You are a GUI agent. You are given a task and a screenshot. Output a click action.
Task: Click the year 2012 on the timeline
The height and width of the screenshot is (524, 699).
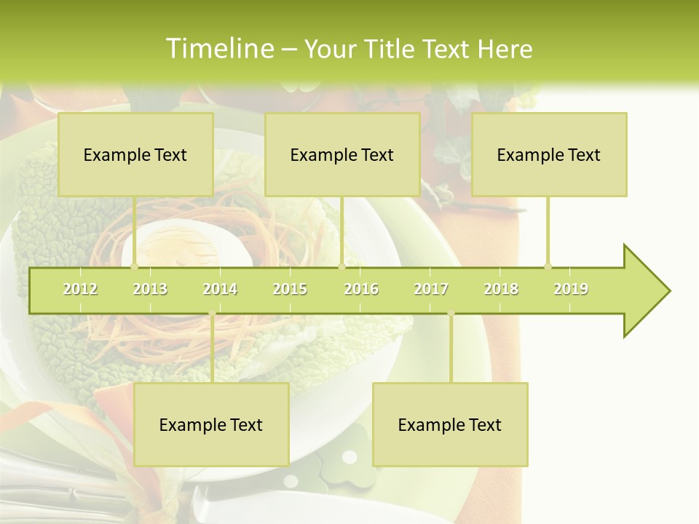click(x=80, y=289)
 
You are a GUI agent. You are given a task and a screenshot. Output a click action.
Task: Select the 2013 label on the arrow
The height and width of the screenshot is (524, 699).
click(x=150, y=289)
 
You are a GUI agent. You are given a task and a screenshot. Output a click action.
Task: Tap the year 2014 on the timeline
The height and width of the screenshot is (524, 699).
click(x=220, y=289)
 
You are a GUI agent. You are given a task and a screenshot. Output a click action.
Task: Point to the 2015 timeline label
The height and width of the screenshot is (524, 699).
click(x=290, y=289)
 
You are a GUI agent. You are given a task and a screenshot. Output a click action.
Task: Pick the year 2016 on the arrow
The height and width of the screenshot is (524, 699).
click(x=361, y=289)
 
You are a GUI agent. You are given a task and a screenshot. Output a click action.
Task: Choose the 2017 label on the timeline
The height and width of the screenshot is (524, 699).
click(x=431, y=289)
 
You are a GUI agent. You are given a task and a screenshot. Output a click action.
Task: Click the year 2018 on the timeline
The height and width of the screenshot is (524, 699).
click(x=501, y=289)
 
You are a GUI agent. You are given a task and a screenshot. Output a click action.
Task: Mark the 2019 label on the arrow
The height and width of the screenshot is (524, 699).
click(x=571, y=289)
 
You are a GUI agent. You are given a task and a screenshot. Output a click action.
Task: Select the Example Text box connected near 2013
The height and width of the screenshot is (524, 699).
click(x=135, y=154)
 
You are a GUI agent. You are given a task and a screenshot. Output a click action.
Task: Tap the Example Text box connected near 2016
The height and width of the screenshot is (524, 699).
click(x=342, y=154)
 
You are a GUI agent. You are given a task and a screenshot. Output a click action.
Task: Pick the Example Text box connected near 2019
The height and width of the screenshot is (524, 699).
click(x=549, y=154)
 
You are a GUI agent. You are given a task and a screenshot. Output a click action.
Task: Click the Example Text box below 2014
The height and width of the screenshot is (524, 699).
click(x=211, y=424)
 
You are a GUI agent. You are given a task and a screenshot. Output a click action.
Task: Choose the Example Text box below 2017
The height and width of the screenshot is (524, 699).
click(x=450, y=424)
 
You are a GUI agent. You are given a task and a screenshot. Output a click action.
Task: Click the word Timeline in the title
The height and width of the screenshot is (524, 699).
click(x=218, y=49)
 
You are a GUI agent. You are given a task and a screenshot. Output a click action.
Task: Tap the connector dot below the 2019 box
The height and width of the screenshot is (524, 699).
click(x=548, y=266)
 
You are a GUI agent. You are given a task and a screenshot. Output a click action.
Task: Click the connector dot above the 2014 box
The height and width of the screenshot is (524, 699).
click(x=212, y=314)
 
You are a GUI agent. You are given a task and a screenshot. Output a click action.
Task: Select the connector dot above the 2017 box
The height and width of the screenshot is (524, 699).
click(x=451, y=314)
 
